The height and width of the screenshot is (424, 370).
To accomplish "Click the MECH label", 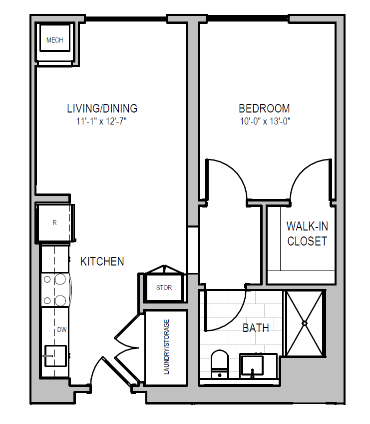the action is click(x=54, y=40).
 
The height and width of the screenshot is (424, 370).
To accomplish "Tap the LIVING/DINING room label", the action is click(x=102, y=108).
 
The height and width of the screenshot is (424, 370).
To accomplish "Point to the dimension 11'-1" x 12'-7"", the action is click(x=101, y=121).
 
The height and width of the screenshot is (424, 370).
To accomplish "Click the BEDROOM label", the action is click(x=264, y=108).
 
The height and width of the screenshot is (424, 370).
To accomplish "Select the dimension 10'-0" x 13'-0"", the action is click(x=265, y=121).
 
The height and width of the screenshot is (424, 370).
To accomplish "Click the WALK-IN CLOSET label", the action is click(x=308, y=233).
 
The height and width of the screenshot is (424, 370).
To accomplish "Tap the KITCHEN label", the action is click(x=102, y=261).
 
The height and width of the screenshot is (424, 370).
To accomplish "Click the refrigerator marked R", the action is click(x=55, y=223).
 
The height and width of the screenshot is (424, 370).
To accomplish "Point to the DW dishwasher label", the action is click(x=62, y=329).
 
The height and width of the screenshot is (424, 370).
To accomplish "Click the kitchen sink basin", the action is click(x=55, y=356).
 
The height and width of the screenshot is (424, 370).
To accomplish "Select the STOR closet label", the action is click(x=164, y=287).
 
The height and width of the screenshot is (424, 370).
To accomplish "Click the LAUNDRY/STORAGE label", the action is click(x=166, y=347).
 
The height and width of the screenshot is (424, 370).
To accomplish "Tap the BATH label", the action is click(x=256, y=328).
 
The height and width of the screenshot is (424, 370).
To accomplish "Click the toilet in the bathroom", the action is click(x=220, y=364).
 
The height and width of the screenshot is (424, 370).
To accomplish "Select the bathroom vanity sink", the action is click(x=252, y=365).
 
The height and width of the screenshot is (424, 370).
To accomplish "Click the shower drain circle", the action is click(x=305, y=323).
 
